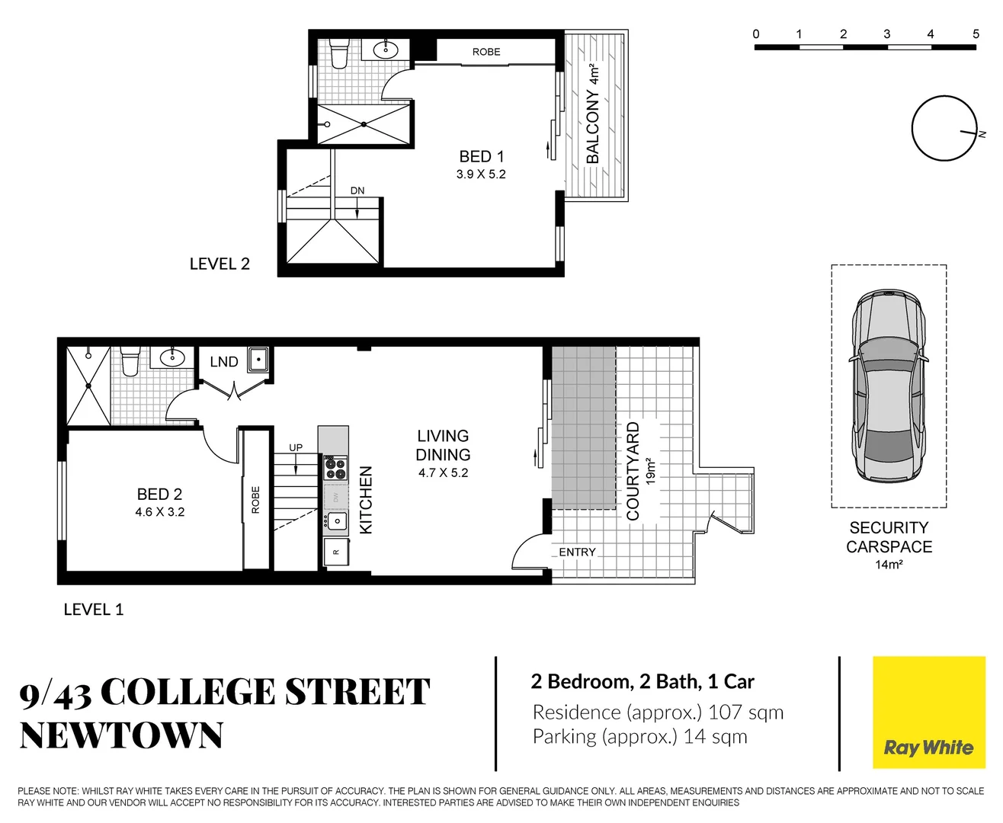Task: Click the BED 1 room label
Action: (481, 156)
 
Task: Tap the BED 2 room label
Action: (159, 494)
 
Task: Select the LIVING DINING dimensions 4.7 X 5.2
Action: (443, 473)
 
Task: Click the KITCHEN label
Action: (366, 500)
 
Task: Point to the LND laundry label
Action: (224, 362)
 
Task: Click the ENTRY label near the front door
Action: (577, 552)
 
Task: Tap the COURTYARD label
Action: (633, 471)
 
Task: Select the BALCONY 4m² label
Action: (593, 114)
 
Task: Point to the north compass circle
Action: (944, 128)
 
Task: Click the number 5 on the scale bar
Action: (976, 34)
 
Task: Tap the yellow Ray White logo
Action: (928, 713)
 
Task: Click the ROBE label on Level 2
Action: (486, 52)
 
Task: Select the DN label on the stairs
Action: (357, 191)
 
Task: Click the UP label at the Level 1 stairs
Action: (296, 447)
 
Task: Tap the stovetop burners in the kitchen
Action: (335, 467)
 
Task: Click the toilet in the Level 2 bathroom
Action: (338, 54)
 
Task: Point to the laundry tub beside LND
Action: (258, 359)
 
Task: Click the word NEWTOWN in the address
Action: (121, 736)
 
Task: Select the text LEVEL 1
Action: (93, 610)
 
